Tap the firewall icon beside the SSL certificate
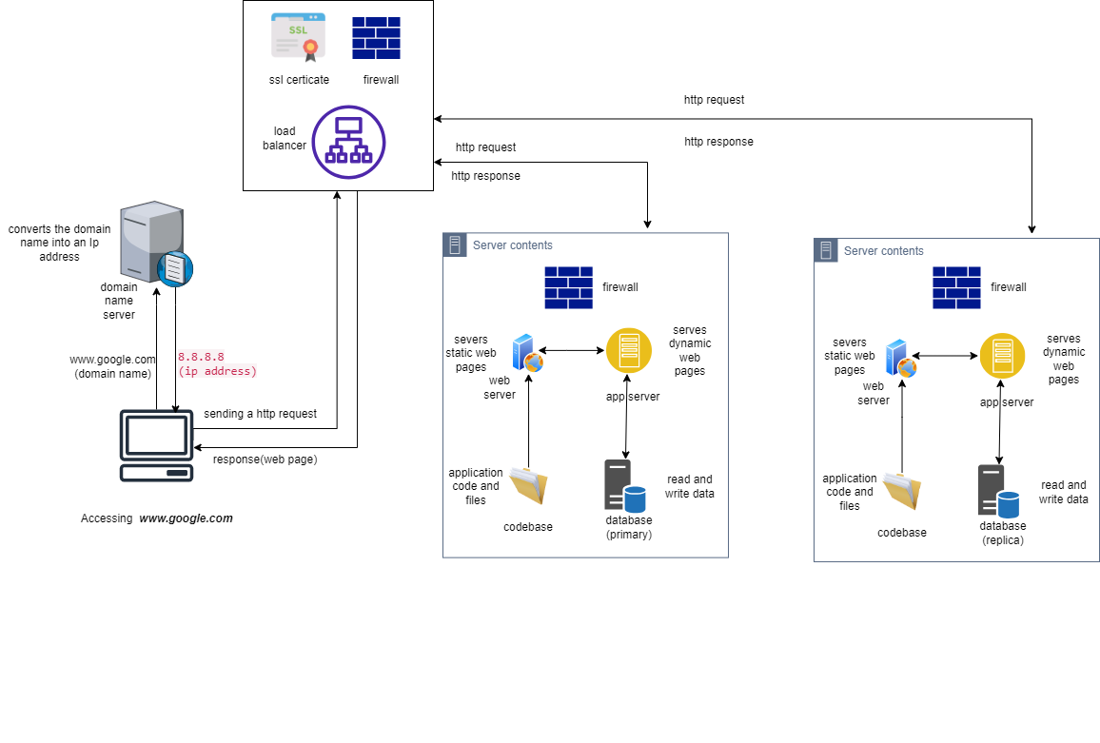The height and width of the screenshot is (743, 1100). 376,38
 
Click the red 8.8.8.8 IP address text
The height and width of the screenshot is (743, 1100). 201,357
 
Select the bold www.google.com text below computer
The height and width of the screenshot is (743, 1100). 186,518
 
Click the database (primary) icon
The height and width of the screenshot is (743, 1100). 624,486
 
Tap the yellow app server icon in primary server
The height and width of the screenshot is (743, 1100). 629,350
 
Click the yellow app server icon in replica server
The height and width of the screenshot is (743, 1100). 1003,356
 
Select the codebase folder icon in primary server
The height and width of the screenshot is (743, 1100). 528,486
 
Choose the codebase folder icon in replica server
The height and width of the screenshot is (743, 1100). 901,492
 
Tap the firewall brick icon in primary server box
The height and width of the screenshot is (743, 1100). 568,287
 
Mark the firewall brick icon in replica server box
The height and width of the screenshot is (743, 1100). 956,287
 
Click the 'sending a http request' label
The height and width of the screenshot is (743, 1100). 260,414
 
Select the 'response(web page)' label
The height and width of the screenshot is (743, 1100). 265,459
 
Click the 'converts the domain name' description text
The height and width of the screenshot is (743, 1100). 59,243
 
